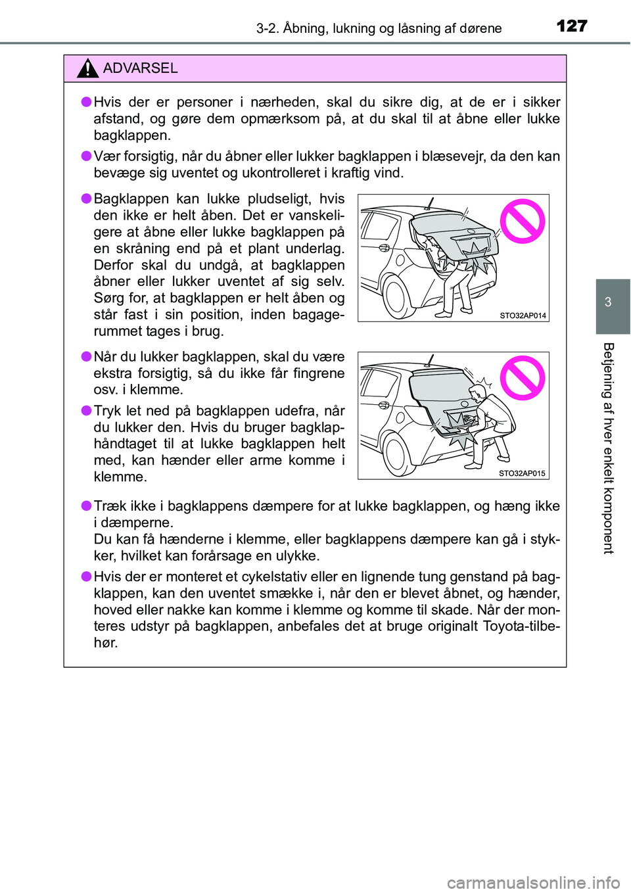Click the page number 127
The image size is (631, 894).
click(x=571, y=26)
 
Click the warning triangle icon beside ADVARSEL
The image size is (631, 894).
click(x=87, y=68)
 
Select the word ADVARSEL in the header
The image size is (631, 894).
click(x=140, y=68)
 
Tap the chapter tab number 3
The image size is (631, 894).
click(x=608, y=302)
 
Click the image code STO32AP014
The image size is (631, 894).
click(x=523, y=316)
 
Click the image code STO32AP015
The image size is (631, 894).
click(x=522, y=473)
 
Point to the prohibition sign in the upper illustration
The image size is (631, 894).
click(x=522, y=221)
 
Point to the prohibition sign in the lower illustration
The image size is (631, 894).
click(x=522, y=378)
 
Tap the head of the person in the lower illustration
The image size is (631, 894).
click(x=478, y=394)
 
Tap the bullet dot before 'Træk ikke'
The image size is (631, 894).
click(x=85, y=506)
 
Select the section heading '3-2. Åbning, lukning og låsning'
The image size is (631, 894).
click(x=379, y=28)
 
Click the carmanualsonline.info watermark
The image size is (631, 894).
click(x=533, y=882)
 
